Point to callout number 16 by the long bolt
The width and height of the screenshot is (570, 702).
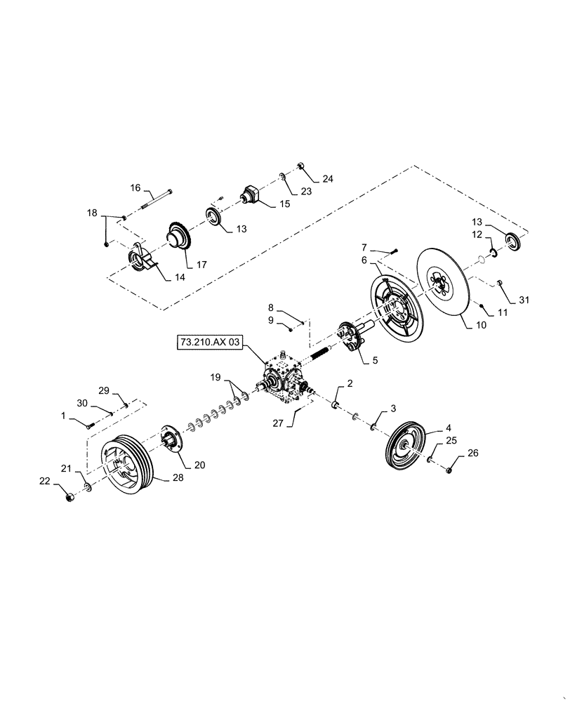click(135, 188)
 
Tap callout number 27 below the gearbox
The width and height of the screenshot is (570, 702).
click(277, 423)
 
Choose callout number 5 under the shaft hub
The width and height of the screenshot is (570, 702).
click(375, 360)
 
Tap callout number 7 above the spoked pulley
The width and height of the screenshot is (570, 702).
click(364, 247)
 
